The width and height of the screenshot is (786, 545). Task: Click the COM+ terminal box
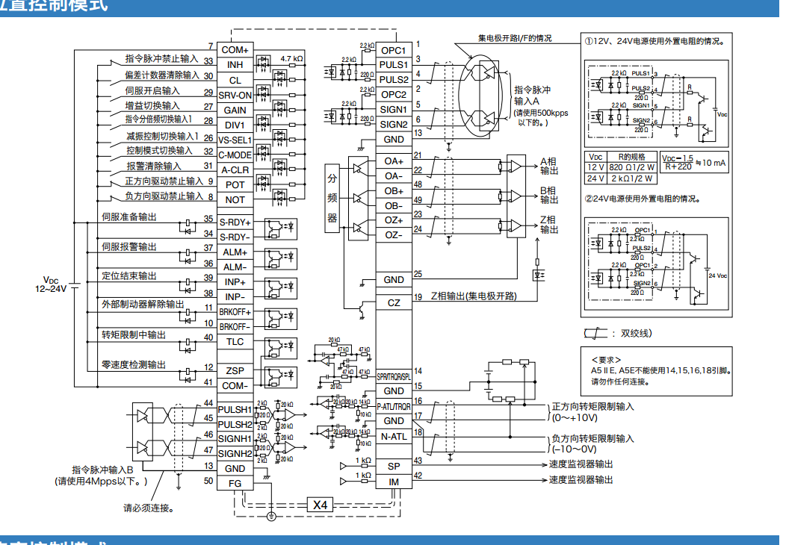pos(235,50)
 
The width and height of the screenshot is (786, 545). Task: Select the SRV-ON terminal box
pos(235,95)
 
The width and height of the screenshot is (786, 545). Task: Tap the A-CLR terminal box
pos(235,169)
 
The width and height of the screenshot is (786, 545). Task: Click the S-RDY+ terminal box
pos(235,222)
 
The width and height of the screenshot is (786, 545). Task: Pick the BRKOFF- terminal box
pos(235,326)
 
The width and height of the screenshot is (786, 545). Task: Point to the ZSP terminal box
pos(235,371)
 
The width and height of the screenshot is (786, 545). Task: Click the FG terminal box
pos(235,483)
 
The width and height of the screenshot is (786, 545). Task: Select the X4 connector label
pos(321,505)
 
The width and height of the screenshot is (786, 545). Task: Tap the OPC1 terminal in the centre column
pos(394,50)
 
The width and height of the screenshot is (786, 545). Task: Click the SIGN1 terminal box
pos(394,109)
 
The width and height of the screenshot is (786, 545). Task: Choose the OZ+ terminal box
pos(394,220)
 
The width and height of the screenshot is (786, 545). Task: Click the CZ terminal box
pos(394,303)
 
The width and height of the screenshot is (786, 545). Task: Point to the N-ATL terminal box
pos(394,436)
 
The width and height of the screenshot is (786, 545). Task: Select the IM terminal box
pos(394,482)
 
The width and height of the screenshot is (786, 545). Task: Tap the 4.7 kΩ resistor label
pos(291,58)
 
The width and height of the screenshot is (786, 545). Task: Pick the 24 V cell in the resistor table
pos(595,178)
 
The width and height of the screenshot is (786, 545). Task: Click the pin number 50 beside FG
pos(208,482)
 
